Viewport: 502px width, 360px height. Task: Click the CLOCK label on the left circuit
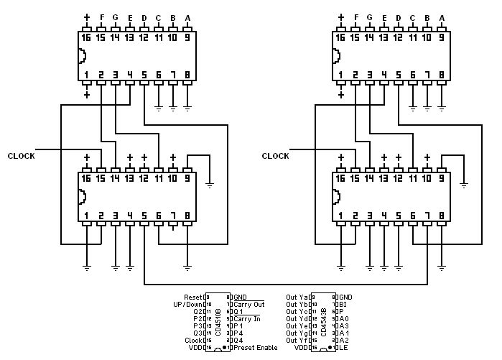click(21, 156)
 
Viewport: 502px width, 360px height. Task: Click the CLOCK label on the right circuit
click(275, 156)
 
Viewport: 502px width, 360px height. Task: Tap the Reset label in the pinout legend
click(193, 297)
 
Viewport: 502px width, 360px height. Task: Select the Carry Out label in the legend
click(248, 305)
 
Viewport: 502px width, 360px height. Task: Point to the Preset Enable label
click(256, 349)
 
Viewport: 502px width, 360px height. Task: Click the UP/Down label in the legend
click(188, 305)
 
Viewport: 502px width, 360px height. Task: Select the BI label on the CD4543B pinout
click(343, 305)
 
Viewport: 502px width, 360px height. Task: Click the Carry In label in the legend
click(246, 319)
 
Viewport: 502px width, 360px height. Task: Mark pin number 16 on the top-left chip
click(87, 37)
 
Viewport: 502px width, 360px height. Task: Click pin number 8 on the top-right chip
click(442, 74)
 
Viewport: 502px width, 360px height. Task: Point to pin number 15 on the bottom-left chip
click(101, 177)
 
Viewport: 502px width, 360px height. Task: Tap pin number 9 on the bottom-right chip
click(442, 177)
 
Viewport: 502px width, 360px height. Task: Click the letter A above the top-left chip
click(187, 18)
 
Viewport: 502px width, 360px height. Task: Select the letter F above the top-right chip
click(355, 18)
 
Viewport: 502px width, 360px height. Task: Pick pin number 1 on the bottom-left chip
click(87, 214)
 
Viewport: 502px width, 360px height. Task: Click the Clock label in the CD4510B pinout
click(193, 341)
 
